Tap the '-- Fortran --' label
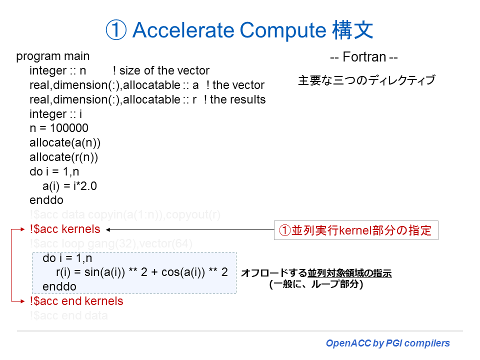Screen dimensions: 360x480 [363, 57]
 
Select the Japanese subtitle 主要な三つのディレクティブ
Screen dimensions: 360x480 [366, 80]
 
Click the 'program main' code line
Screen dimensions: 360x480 [53, 56]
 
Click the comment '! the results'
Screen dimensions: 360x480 [234, 99]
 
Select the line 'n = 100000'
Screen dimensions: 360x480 [59, 128]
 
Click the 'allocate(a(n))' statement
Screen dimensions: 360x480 [65, 143]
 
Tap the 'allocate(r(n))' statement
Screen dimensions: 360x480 [64, 157]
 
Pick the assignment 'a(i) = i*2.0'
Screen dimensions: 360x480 [69, 186]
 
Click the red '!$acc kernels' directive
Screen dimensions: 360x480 [64, 229]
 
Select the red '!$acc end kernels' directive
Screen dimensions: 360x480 [76, 301]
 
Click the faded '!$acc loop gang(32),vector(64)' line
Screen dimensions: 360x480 [111, 244]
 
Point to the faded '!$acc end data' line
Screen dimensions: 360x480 [68, 315]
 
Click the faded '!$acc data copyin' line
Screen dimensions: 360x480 [125, 215]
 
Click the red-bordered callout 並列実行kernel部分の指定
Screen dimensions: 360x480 [355, 231]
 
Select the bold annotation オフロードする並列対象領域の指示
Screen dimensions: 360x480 [316, 273]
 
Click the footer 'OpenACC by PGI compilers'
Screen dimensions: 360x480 [387, 343]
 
